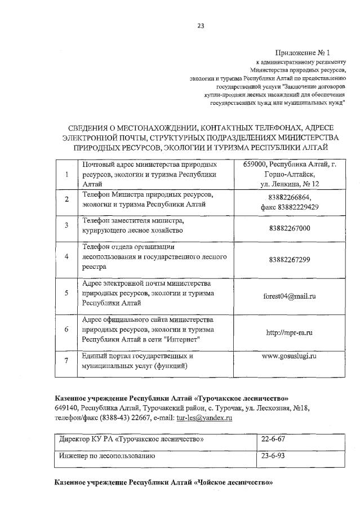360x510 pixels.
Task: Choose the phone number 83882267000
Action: click(290, 229)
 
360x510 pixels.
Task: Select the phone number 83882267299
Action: click(290, 259)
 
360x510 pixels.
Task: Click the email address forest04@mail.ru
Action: click(290, 296)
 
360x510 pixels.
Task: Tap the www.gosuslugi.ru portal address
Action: click(290, 356)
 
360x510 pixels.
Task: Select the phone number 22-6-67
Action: click(273, 438)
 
